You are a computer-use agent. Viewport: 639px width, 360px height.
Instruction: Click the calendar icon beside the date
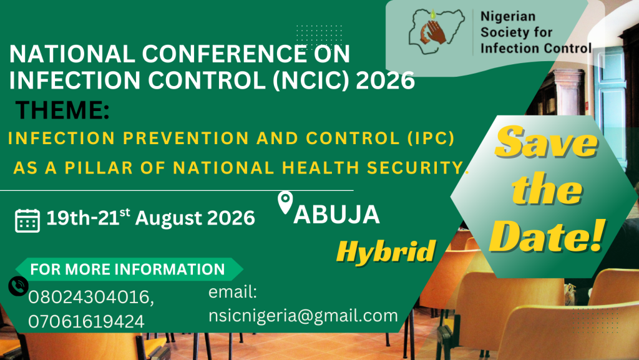click(x=27, y=220)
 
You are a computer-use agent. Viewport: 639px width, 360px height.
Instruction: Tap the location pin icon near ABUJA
click(x=285, y=202)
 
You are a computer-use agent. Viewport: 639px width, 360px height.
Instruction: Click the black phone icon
click(x=18, y=286)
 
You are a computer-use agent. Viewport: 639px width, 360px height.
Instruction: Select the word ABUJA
click(x=336, y=215)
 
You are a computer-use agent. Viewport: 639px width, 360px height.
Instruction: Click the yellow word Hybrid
click(x=386, y=251)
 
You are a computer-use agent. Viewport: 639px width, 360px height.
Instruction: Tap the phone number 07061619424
click(x=86, y=321)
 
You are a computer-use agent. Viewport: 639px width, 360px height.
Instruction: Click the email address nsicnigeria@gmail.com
click(x=303, y=316)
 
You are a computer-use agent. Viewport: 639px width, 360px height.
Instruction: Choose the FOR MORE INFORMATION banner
click(x=129, y=269)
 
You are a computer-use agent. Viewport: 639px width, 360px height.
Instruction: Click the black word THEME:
click(x=62, y=110)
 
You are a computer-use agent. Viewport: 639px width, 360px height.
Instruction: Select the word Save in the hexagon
click(x=546, y=142)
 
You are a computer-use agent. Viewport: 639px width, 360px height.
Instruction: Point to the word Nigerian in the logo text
click(x=508, y=16)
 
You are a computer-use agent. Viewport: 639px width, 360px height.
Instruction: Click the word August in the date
click(x=168, y=218)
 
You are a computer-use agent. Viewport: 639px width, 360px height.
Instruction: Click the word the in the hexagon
click(x=547, y=188)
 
